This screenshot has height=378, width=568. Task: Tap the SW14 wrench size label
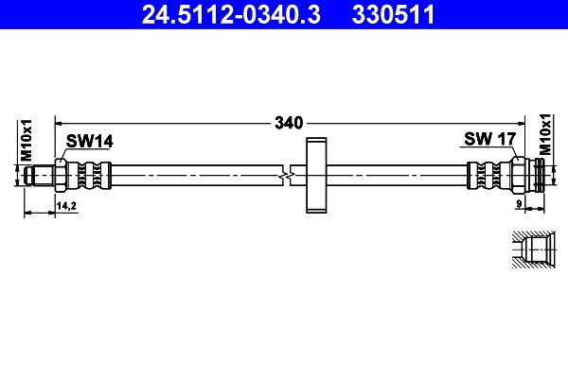pyautogui.click(x=89, y=141)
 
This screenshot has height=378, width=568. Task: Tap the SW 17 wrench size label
pyautogui.click(x=488, y=139)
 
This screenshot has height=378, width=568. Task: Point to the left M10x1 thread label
pyautogui.click(x=27, y=139)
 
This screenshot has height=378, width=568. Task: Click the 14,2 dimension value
pyautogui.click(x=66, y=204)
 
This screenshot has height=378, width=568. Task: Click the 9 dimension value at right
pyautogui.click(x=520, y=204)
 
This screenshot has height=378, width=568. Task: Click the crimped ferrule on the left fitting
pyautogui.click(x=92, y=175)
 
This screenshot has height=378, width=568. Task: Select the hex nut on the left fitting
pyautogui.click(x=61, y=175)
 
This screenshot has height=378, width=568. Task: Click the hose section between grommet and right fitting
pyautogui.click(x=398, y=175)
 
